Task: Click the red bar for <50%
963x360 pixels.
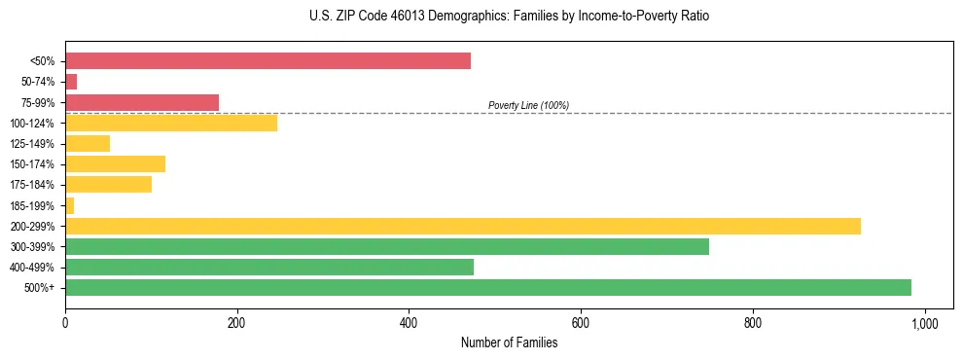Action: (267, 61)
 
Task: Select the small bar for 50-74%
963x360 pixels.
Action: (71, 82)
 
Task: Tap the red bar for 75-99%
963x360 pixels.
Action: (142, 102)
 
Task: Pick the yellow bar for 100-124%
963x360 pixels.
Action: (171, 123)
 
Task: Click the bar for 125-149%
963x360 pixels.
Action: (88, 144)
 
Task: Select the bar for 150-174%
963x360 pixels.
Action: (115, 164)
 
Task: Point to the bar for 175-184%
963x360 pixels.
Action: (108, 185)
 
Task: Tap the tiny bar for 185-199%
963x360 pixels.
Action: (69, 205)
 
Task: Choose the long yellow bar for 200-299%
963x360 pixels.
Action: (463, 226)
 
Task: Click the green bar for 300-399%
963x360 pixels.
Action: (387, 246)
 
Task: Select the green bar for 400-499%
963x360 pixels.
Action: (269, 267)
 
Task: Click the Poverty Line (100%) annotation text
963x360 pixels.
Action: (528, 105)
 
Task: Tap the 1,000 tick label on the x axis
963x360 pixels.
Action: (924, 322)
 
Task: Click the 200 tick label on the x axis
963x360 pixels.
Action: (236, 322)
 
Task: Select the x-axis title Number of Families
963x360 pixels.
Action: (509, 342)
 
